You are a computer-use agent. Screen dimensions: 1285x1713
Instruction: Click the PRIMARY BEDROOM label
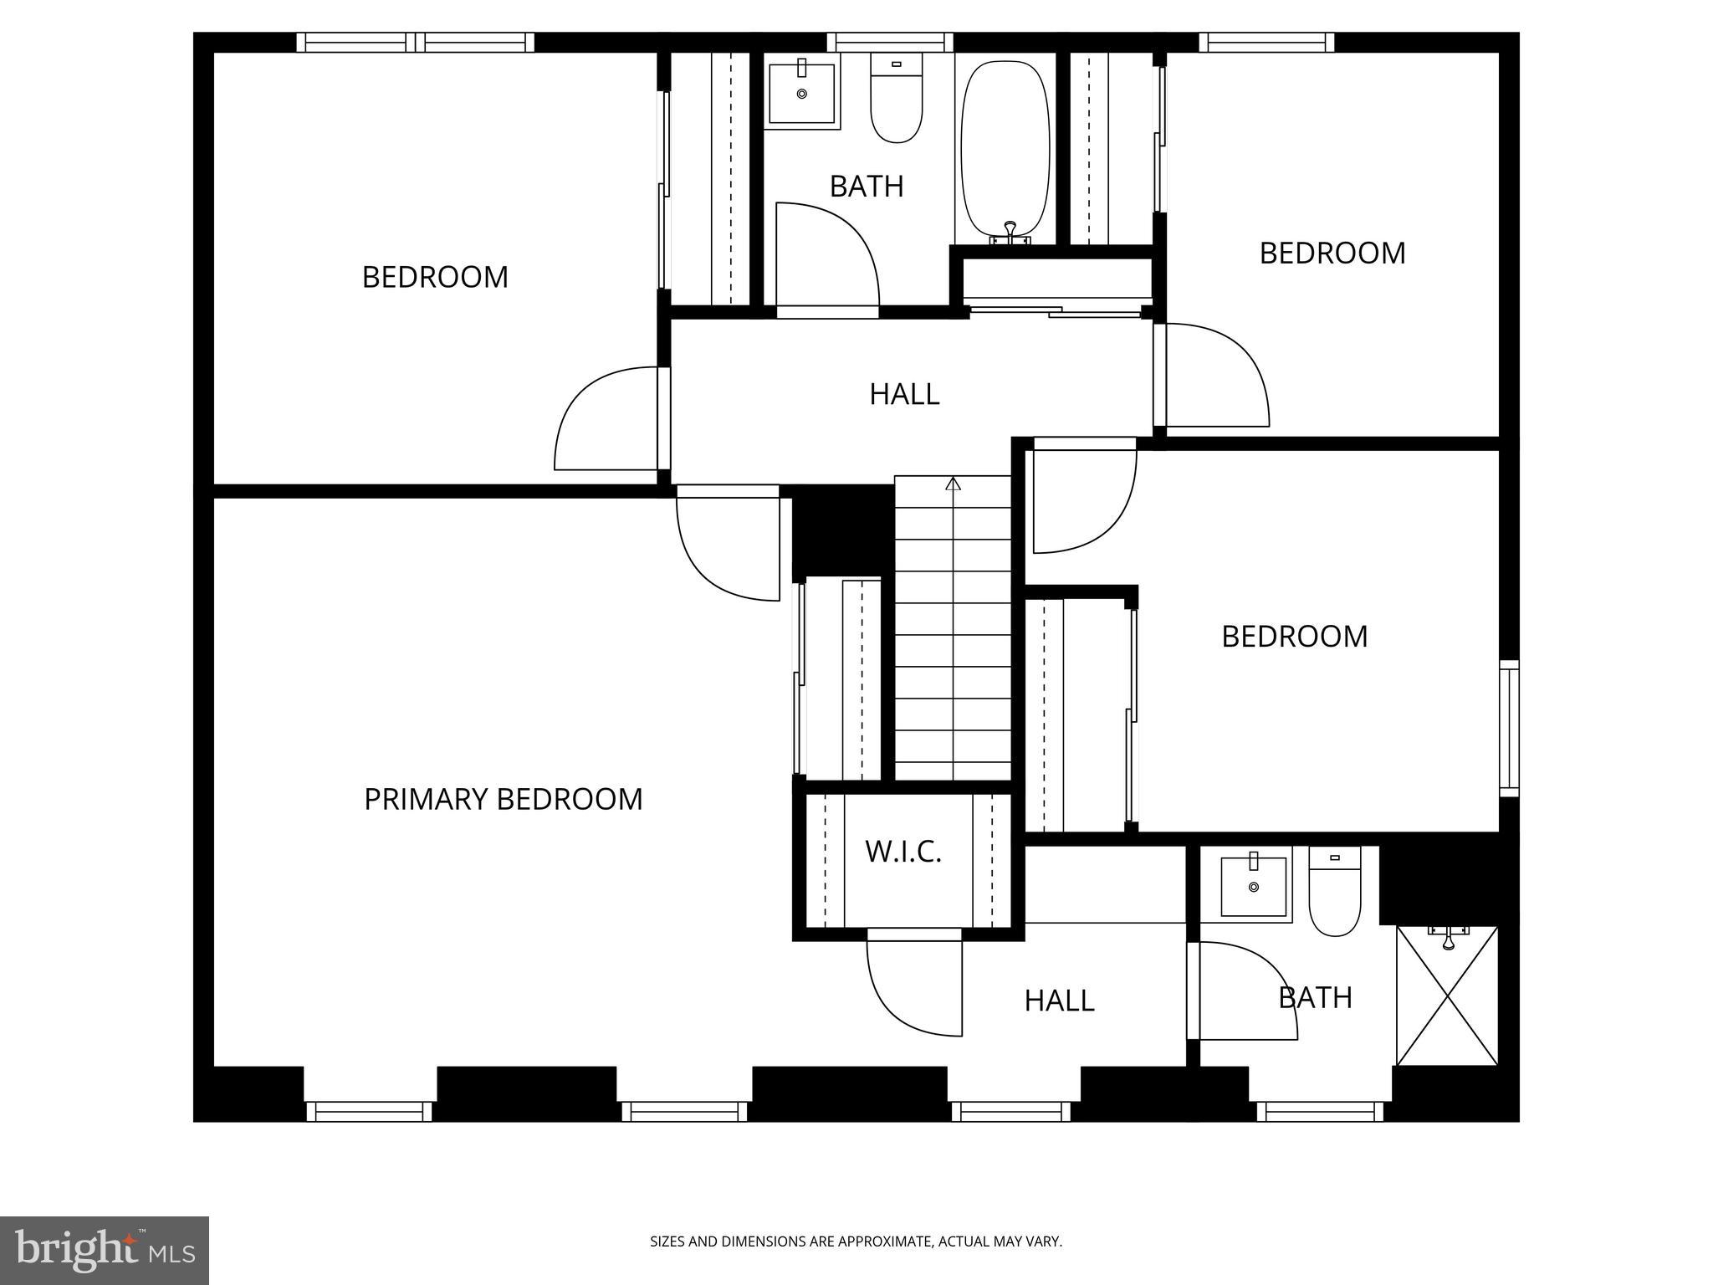click(504, 799)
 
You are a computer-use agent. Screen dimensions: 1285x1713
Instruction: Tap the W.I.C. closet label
click(903, 852)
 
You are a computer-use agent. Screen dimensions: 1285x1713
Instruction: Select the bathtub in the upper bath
click(1005, 151)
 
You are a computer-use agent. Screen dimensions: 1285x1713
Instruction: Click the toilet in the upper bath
click(896, 98)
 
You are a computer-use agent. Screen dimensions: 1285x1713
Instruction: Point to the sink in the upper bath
click(802, 93)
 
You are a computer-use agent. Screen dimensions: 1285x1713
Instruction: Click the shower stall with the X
click(1447, 996)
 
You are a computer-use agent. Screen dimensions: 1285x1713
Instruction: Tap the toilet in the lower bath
click(1334, 892)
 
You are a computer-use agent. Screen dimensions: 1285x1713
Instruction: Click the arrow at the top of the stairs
click(953, 484)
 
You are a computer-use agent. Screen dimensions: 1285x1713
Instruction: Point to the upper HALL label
click(904, 394)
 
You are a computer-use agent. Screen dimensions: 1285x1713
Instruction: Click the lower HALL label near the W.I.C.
click(1059, 1001)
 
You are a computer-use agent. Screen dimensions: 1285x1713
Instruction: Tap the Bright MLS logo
click(105, 1251)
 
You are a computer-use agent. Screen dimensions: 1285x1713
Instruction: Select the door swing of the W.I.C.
click(912, 987)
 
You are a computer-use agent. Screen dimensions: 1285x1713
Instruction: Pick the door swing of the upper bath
click(824, 255)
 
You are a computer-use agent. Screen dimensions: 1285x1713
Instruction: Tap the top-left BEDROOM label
click(435, 277)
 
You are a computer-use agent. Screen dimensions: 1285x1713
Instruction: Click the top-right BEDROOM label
click(1332, 253)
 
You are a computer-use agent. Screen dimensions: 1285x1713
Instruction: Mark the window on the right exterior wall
click(1509, 728)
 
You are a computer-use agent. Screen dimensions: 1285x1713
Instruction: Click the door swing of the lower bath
click(1246, 991)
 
